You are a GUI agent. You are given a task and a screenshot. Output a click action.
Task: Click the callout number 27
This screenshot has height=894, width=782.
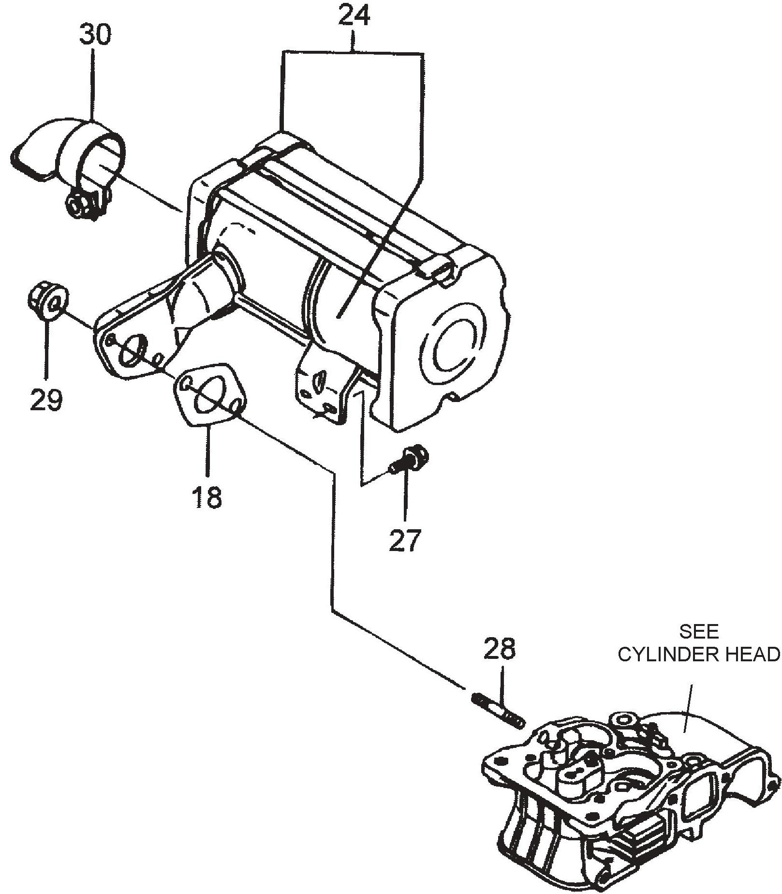(405, 540)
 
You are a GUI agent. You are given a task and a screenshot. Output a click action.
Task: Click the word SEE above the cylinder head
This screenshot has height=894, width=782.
(699, 631)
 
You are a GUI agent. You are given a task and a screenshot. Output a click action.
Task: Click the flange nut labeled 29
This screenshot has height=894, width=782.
(47, 303)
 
